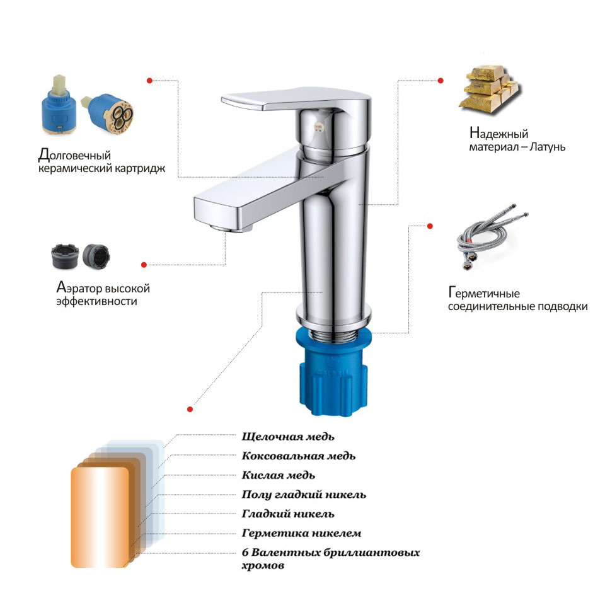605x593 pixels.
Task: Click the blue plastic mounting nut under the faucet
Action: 333,372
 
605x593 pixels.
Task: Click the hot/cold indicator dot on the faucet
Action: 318,127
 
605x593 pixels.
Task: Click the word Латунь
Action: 547,147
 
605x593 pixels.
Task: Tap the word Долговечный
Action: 74,155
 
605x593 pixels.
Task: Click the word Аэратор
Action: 79,288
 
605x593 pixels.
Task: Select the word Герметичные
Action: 484,293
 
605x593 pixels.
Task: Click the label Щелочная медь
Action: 288,437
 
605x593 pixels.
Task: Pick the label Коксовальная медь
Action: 298,456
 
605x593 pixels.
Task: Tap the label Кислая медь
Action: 278,475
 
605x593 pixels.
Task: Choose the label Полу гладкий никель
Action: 304,495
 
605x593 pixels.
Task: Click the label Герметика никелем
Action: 301,533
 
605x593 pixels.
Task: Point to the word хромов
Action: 263,566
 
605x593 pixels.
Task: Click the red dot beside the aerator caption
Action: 144,265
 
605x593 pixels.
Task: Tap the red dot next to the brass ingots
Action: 441,81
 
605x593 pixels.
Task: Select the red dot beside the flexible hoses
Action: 430,226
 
